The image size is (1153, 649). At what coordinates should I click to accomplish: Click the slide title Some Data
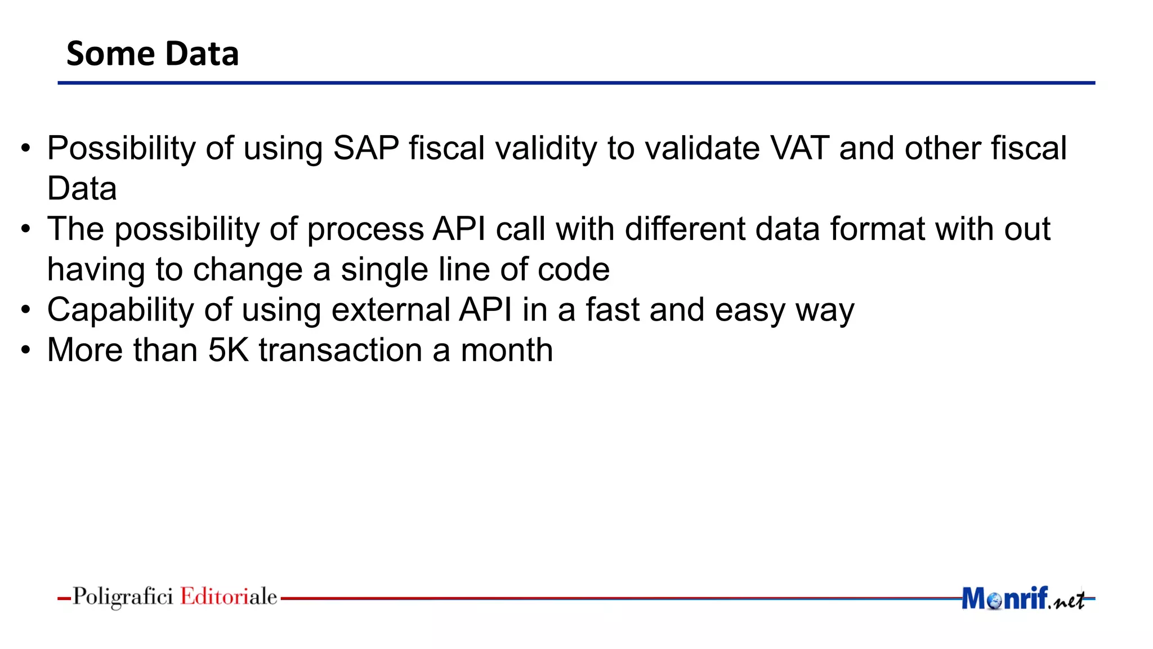(x=153, y=54)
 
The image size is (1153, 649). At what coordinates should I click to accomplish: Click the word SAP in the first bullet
(x=365, y=148)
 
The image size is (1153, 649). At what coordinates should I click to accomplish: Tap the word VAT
(x=799, y=148)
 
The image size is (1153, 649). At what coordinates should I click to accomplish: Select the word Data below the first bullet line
(x=82, y=189)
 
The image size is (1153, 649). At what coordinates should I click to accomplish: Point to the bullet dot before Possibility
(x=25, y=149)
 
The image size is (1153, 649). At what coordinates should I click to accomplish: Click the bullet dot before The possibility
(x=25, y=230)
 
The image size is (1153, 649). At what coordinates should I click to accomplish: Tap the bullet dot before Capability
(x=25, y=310)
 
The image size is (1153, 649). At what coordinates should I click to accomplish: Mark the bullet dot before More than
(x=25, y=350)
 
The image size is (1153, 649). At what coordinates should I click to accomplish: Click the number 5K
(x=228, y=350)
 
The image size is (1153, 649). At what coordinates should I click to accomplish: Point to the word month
(x=507, y=350)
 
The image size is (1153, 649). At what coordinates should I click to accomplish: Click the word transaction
(x=340, y=350)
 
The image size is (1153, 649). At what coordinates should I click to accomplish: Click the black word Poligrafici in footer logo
(x=123, y=597)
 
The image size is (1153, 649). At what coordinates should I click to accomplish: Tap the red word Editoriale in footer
(x=229, y=597)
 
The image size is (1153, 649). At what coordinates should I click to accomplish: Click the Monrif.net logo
(x=1022, y=598)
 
